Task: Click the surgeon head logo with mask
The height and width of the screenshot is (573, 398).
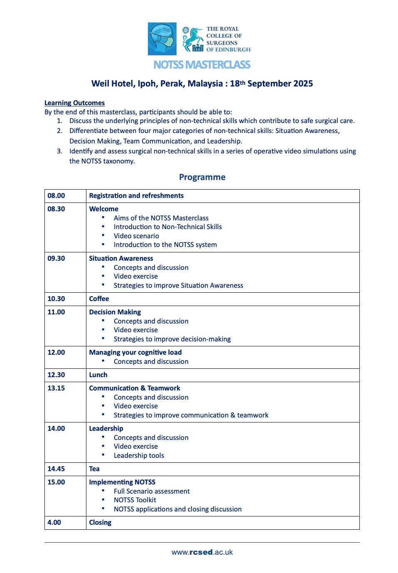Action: coord(162,39)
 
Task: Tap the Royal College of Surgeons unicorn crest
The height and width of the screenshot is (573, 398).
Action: coord(192,39)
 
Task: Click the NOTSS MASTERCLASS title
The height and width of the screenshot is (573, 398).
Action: coord(202,65)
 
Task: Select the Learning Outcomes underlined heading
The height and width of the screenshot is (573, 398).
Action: coord(74,103)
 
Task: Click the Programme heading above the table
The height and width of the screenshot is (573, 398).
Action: coord(202,177)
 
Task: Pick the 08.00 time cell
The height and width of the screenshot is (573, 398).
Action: coord(57,196)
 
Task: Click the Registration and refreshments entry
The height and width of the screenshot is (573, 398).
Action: coord(136,196)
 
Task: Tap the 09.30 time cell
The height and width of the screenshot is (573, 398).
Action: coord(57,259)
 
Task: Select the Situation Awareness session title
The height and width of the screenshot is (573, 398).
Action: coord(121,259)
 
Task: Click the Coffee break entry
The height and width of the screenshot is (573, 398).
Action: coord(99,299)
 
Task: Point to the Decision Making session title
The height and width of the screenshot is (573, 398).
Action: coord(115,312)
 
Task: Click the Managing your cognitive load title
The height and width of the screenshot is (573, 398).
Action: coord(135,353)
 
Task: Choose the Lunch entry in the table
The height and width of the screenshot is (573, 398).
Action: coord(98,375)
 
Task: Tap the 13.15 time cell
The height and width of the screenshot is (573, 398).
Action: coord(57,388)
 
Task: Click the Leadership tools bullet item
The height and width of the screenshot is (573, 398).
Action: coord(139,456)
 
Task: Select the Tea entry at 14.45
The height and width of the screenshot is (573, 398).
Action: coord(94,469)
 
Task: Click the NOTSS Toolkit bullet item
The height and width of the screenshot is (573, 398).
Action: coord(135,500)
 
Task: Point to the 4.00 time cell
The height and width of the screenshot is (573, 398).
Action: coord(54,523)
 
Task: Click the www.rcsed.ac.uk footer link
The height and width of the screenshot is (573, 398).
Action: coord(202,552)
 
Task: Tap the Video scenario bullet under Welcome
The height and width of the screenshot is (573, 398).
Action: coord(136,236)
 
